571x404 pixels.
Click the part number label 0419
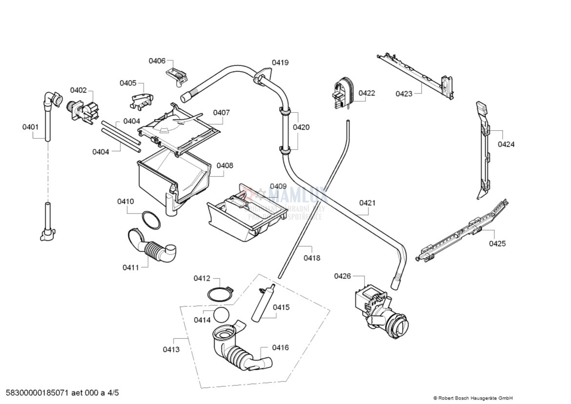[x=280, y=62]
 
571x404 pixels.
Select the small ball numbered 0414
[x=221, y=315]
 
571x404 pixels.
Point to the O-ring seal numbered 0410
[x=151, y=220]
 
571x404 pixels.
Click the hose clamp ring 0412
[x=219, y=295]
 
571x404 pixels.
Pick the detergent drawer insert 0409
[x=246, y=215]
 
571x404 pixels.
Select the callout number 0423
[x=404, y=94]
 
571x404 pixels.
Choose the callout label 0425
[x=497, y=243]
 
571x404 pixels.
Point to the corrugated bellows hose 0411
[x=155, y=247]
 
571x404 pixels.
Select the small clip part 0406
[x=178, y=75]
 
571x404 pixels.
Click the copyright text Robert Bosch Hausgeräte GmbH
[x=473, y=398]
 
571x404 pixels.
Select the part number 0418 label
[x=312, y=258]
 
